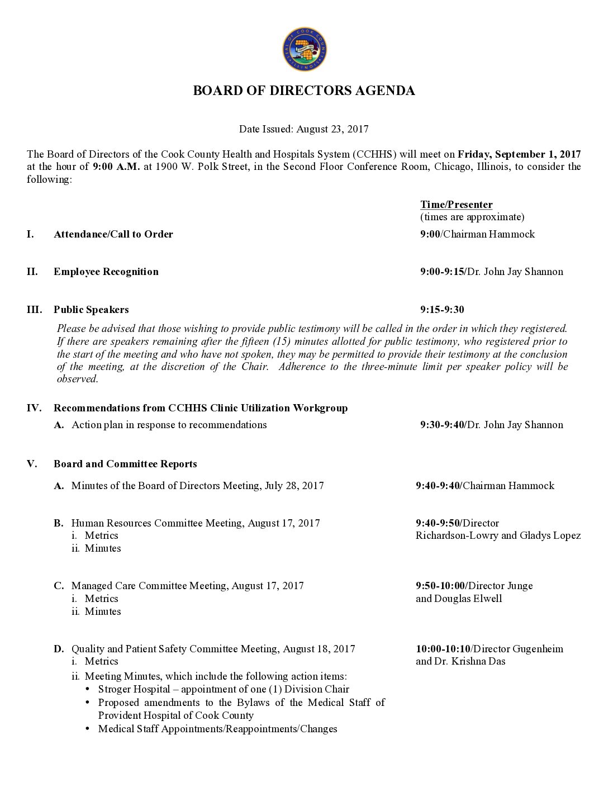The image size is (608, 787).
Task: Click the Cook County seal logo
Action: coord(305,50)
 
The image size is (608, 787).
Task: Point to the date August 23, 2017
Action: coord(332,129)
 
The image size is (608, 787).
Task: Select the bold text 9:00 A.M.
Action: coord(116,167)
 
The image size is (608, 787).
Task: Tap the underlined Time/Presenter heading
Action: coord(456,205)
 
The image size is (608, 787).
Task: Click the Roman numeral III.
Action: coord(34,310)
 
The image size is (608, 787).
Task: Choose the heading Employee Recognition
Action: coord(106,272)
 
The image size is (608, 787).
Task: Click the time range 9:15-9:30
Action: coord(442,310)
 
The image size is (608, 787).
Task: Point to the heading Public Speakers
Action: coord(91,310)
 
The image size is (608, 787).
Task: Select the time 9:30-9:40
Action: coord(442,425)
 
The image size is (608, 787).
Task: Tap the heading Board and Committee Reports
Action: coord(125,464)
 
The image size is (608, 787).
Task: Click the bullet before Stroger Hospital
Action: coord(88,689)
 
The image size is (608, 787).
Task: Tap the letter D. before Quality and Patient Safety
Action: coord(59,649)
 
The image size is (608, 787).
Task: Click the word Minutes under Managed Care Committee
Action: coord(103,611)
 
